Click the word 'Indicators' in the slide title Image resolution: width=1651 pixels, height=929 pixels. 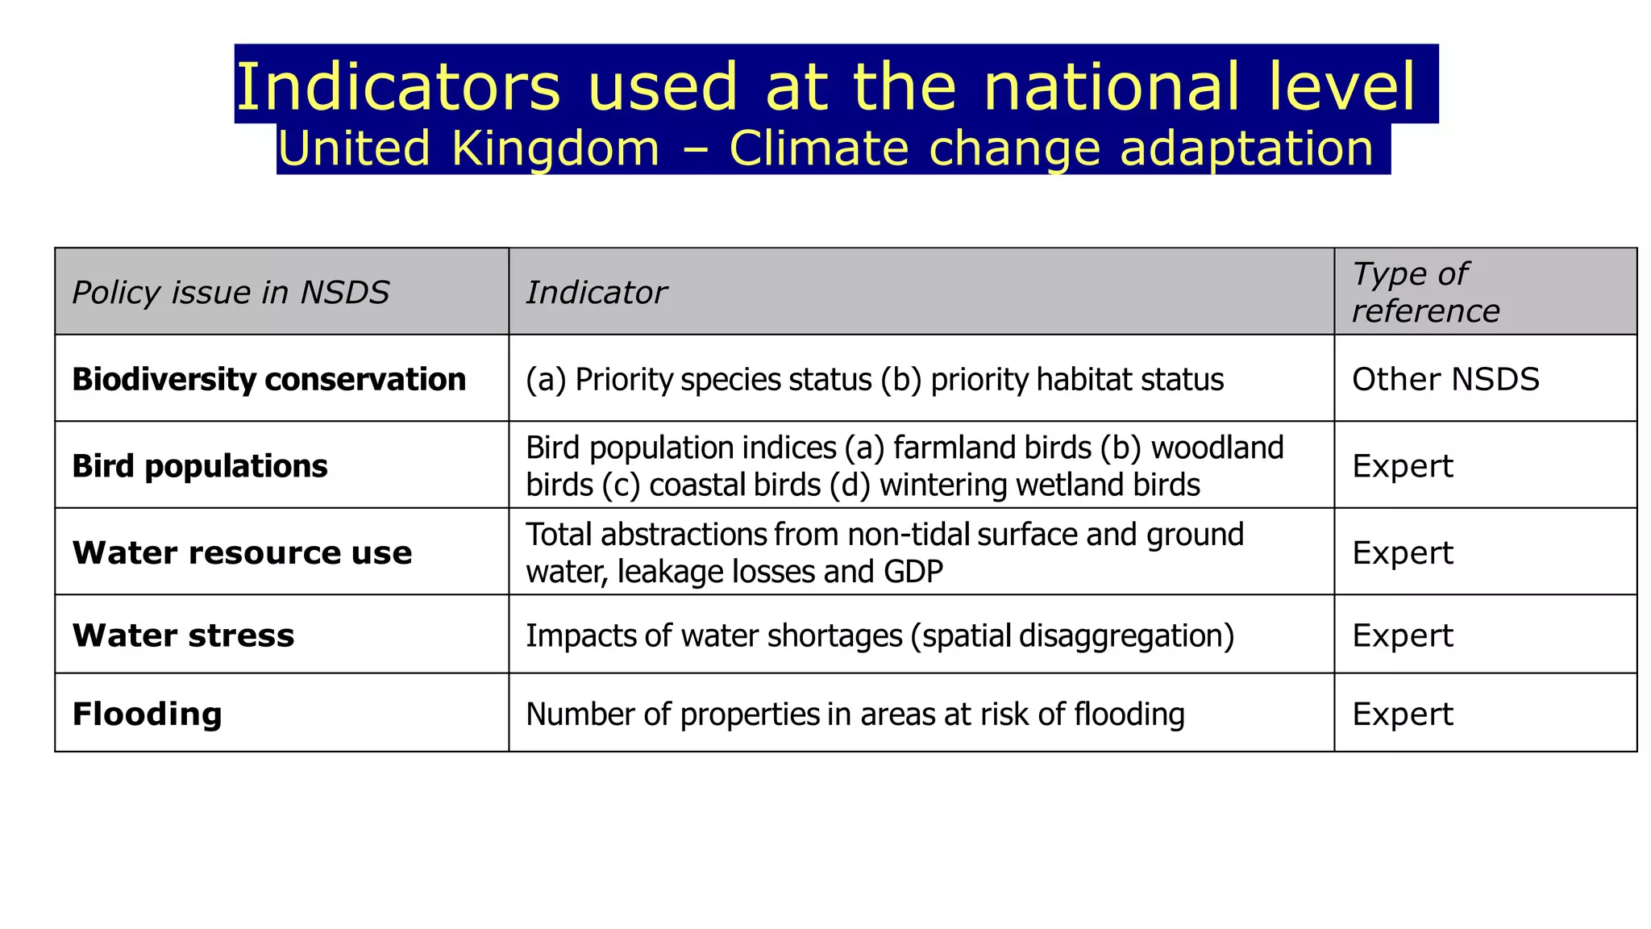coord(397,86)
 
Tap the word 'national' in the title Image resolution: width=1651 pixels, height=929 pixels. coord(1111,86)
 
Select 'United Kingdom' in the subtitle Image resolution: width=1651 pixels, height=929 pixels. coord(468,149)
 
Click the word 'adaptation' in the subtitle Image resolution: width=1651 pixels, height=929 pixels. coord(1246,149)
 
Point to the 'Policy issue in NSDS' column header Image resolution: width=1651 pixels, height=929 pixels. coord(231,292)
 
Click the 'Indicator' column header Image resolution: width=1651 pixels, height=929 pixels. coord(596,292)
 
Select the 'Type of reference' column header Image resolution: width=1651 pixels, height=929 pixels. coord(1425,292)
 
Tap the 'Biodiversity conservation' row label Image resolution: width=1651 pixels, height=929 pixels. coord(268,379)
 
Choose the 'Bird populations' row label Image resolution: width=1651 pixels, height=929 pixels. coord(199,466)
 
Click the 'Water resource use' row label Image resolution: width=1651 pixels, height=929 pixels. coord(242,553)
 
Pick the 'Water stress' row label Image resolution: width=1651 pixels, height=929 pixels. coord(183,635)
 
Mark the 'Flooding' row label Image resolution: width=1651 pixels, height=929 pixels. coord(147,714)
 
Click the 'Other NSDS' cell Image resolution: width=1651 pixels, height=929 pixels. coord(1445,379)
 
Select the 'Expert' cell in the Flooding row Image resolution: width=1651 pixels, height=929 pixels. coord(1402,714)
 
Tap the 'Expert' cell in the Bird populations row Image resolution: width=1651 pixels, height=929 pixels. coord(1402,466)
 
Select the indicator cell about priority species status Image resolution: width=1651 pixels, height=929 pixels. coord(874,379)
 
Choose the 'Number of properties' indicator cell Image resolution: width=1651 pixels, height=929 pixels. coord(855,714)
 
